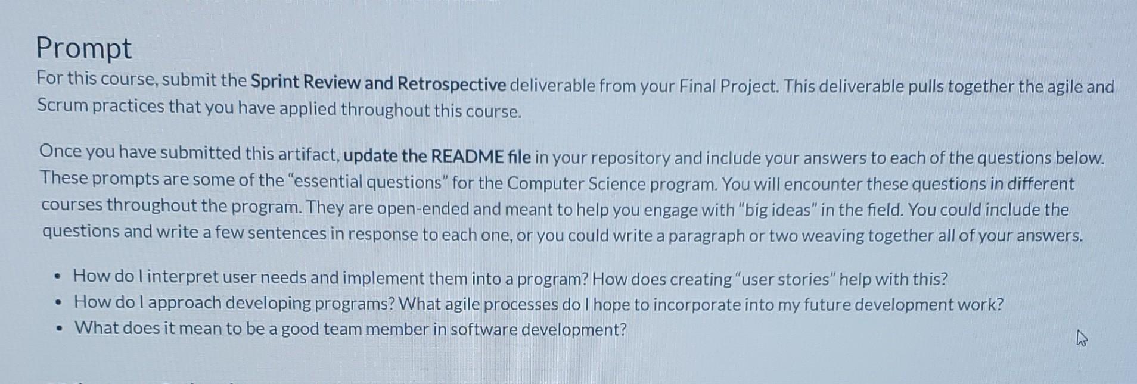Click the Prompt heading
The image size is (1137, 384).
pos(83,48)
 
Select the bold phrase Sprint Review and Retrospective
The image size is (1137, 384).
pos(378,83)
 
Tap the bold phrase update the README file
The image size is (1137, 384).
pos(437,156)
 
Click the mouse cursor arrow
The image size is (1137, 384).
pos(1082,339)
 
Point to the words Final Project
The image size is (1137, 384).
pos(728,87)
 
